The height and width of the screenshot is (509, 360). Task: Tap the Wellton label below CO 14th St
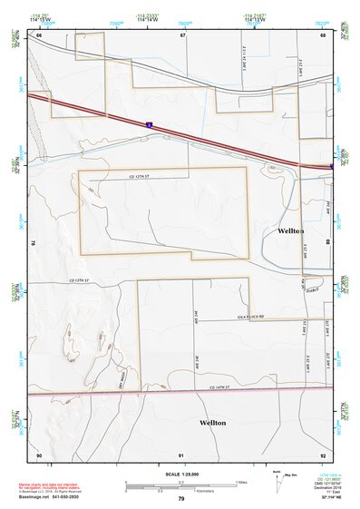pos(215,423)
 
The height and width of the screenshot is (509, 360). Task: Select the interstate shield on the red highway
pos(152,120)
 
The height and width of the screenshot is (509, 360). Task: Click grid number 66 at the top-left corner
pos(39,35)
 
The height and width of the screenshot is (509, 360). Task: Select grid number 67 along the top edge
pos(182,35)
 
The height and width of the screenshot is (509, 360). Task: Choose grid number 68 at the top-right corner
pos(324,35)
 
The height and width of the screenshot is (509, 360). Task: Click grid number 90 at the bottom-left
pos(39,454)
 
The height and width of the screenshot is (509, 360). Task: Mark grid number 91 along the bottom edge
pos(181,454)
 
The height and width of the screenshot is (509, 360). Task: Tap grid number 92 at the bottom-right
pos(323,454)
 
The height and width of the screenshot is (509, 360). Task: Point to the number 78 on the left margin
pos(33,243)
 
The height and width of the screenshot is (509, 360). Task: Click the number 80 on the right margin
pos(328,243)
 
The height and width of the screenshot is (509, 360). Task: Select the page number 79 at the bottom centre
pos(181,498)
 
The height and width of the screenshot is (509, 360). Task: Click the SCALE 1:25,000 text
pos(181,474)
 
